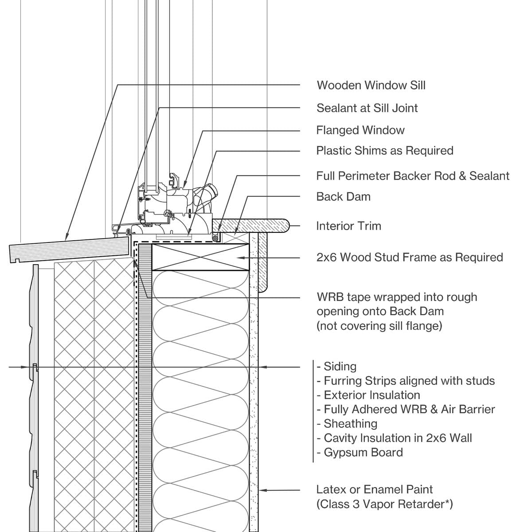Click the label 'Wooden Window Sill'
click(x=371, y=85)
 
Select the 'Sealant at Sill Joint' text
click(x=367, y=108)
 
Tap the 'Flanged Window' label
click(x=360, y=130)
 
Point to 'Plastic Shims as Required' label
click(x=384, y=151)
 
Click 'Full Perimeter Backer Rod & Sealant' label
click(x=412, y=176)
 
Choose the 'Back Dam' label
click(x=343, y=197)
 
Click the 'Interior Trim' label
click(x=348, y=226)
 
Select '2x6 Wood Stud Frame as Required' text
click(x=409, y=258)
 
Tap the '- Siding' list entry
click(x=337, y=367)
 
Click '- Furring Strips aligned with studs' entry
click(x=406, y=381)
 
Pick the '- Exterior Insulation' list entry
click(x=368, y=395)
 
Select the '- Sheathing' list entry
click(x=347, y=424)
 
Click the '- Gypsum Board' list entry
click(x=360, y=453)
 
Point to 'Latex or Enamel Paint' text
click(x=374, y=489)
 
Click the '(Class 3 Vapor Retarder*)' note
click(x=384, y=504)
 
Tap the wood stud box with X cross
click(x=200, y=257)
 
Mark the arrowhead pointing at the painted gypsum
click(x=262, y=490)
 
